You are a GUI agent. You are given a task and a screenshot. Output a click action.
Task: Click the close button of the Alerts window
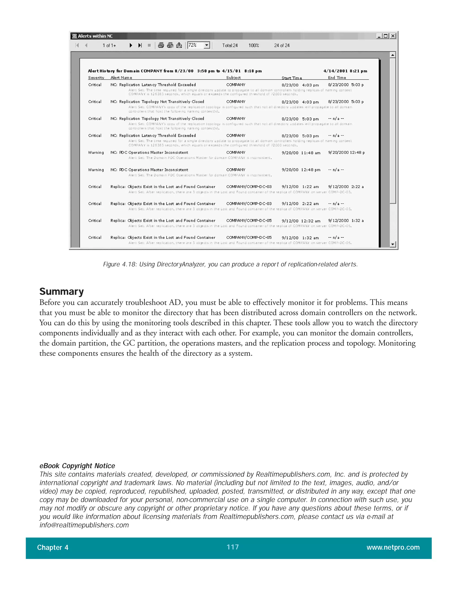click(x=393, y=36)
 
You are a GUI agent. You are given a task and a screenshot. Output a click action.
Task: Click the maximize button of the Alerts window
click(x=386, y=36)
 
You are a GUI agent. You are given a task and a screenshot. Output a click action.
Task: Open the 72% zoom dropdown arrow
click(x=207, y=45)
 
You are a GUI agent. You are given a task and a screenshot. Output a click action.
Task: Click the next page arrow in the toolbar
click(x=131, y=45)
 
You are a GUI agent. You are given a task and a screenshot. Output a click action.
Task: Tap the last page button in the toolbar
click(x=140, y=45)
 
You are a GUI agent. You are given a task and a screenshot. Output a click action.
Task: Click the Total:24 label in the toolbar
click(x=230, y=45)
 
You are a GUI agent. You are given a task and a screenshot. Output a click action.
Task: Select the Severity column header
click(x=96, y=78)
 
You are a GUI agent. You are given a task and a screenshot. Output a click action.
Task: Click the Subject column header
click(x=233, y=78)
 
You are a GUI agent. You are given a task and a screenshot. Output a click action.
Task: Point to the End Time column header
click(x=337, y=78)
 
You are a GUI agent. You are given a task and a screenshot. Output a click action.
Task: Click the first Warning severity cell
click(x=96, y=153)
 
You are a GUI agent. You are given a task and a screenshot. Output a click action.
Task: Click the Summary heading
click(x=61, y=291)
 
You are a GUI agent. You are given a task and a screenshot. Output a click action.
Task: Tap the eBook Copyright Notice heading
click(x=77, y=466)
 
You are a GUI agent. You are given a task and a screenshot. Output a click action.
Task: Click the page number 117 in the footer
click(x=233, y=547)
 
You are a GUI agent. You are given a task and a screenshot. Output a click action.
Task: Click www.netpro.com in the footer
click(x=393, y=547)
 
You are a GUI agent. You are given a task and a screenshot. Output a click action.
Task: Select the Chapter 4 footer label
click(x=53, y=547)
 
